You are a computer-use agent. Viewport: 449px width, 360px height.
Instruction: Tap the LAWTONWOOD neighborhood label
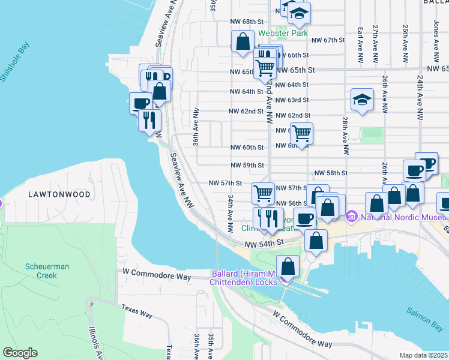(59, 194)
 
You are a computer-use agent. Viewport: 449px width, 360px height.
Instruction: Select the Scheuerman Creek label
(41, 271)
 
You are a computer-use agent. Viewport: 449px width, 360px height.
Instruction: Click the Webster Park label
(283, 33)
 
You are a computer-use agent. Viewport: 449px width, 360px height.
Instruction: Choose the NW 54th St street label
(264, 243)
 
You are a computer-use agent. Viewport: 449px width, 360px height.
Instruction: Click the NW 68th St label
(246, 21)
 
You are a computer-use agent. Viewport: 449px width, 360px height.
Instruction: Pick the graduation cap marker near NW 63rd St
(362, 100)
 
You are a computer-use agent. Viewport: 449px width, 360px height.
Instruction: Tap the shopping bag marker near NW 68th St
(243, 42)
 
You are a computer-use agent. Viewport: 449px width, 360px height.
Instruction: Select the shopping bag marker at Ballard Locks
(288, 265)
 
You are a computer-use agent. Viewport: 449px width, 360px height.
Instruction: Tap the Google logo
(20, 352)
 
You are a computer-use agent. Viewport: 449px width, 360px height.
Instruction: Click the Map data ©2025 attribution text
(424, 355)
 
